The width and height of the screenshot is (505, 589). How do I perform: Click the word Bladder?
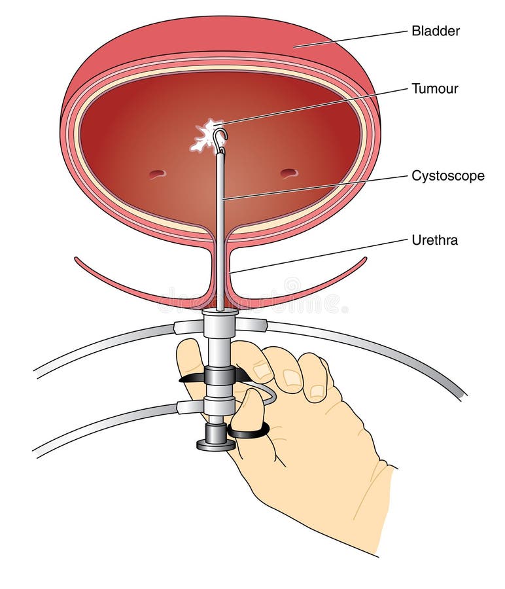436,31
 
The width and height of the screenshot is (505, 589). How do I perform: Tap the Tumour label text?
435,88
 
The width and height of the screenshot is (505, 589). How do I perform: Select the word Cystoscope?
448,176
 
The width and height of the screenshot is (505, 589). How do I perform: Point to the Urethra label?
435,240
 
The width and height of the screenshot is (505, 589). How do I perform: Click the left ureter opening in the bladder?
157,174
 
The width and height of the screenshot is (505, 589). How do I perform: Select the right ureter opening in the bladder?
290,173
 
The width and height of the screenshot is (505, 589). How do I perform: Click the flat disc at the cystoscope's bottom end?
215,446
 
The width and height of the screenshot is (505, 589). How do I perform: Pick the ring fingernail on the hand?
318,391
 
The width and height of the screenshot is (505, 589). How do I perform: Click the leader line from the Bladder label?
351,39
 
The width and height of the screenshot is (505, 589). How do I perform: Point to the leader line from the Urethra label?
319,255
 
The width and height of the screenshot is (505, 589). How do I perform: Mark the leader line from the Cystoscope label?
315,187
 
